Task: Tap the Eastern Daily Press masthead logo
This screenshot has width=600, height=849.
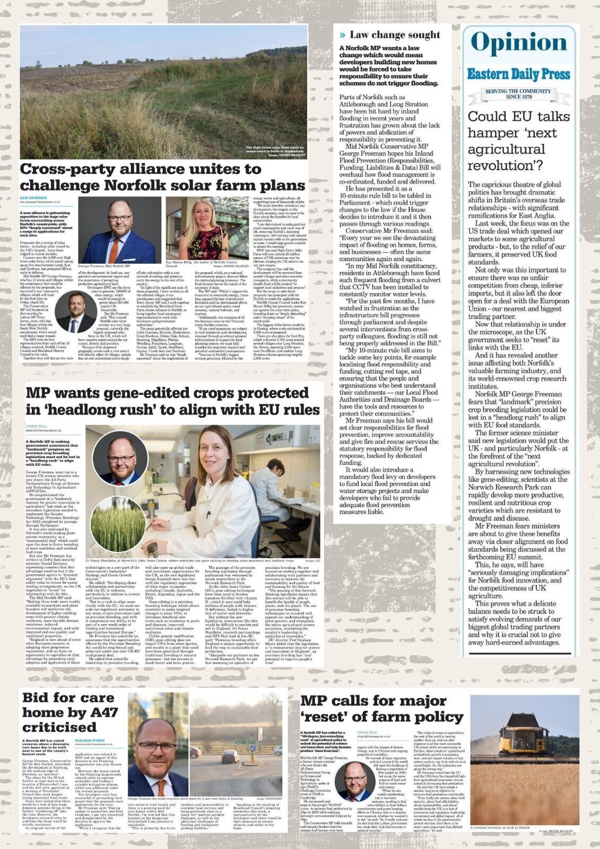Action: coord(519,74)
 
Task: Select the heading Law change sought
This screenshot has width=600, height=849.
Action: coord(395,35)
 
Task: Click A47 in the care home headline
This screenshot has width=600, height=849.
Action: coord(102,712)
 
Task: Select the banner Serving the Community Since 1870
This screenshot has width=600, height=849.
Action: coord(519,94)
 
